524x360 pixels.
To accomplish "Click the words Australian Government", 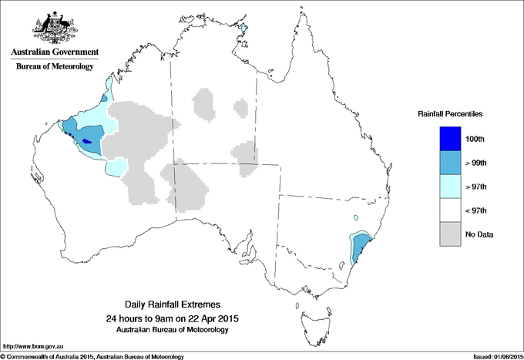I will pyautogui.click(x=54, y=53).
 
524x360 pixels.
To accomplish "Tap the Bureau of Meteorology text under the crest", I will pyautogui.click(x=54, y=67).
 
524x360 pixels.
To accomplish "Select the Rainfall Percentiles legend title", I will pyautogui.click(x=450, y=114).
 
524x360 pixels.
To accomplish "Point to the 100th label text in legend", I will pyautogui.click(x=475, y=139).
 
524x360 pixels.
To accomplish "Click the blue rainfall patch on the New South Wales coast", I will pyautogui.click(x=360, y=248).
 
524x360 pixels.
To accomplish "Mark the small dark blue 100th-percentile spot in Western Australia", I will pyautogui.click(x=86, y=140).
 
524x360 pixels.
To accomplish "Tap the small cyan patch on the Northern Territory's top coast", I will pyautogui.click(x=246, y=29).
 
